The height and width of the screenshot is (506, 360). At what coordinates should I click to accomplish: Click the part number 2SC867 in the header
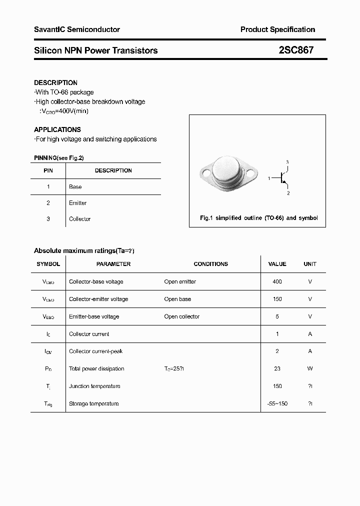(296, 50)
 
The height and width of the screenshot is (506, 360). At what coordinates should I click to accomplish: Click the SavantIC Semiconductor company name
(76, 29)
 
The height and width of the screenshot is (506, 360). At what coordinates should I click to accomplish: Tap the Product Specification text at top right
(277, 29)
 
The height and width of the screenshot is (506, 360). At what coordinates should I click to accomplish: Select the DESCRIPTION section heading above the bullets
(55, 82)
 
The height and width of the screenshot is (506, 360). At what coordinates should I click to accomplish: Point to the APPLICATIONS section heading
(57, 129)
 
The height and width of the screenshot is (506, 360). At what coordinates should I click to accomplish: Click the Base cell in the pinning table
(75, 186)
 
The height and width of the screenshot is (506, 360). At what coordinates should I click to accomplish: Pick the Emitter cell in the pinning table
(77, 203)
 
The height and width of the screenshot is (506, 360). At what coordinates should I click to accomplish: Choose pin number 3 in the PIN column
(48, 219)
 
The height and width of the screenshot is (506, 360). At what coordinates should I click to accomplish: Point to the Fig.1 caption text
(258, 218)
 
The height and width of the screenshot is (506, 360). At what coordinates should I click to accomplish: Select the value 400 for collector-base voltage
(277, 281)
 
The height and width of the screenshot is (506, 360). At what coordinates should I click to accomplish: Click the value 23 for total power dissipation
(277, 368)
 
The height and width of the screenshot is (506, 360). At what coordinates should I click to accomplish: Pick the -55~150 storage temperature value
(277, 403)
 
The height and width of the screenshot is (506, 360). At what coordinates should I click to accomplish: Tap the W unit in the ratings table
(310, 368)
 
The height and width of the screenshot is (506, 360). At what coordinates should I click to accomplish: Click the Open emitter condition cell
(180, 281)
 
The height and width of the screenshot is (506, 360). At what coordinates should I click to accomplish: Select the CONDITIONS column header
(210, 264)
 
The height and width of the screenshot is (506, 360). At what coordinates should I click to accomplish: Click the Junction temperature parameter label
(94, 386)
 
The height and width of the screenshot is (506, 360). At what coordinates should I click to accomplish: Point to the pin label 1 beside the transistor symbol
(269, 178)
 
